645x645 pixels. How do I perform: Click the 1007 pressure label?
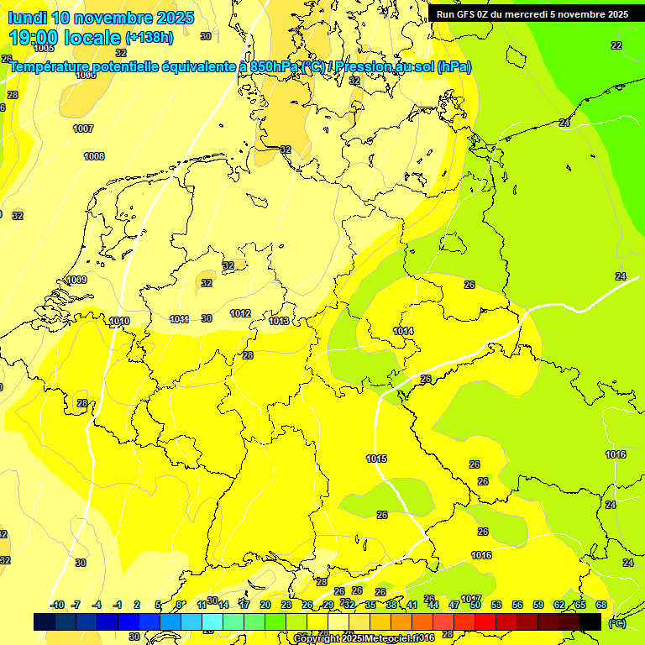pyautogui.click(x=83, y=128)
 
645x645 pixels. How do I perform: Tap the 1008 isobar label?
pyautogui.click(x=94, y=156)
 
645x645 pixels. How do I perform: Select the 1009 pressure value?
pyautogui.click(x=76, y=280)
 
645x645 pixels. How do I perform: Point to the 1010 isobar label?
pyautogui.click(x=119, y=321)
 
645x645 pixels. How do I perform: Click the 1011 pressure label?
pyautogui.click(x=179, y=319)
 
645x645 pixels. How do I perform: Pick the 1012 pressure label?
pyautogui.click(x=240, y=313)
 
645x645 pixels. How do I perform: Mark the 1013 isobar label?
pyautogui.click(x=279, y=321)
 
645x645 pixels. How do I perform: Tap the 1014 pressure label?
pyautogui.click(x=403, y=331)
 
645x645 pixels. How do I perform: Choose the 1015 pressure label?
pyautogui.click(x=376, y=459)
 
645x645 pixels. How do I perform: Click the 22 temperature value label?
pyautogui.click(x=616, y=45)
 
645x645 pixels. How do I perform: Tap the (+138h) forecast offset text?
pyautogui.click(x=149, y=38)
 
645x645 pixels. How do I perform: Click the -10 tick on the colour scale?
pyautogui.click(x=58, y=605)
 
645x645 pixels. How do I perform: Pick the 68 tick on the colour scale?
pyautogui.click(x=601, y=605)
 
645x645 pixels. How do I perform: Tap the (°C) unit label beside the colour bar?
pyautogui.click(x=616, y=622)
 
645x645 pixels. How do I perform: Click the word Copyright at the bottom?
pyautogui.click(x=316, y=638)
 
